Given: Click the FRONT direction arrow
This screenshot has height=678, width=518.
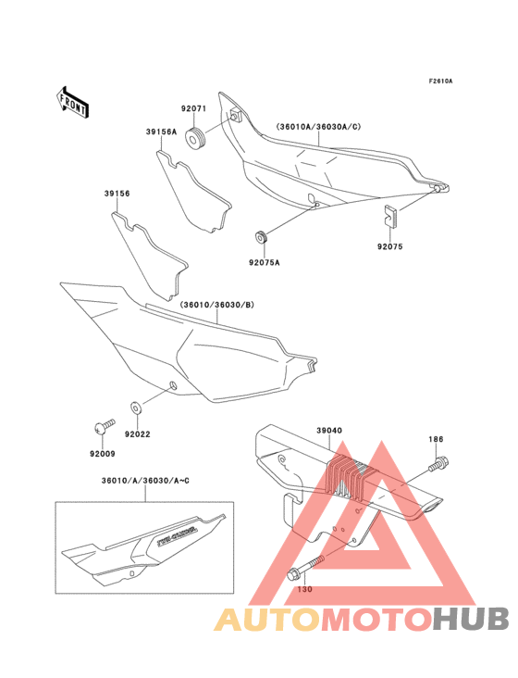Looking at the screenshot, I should coord(73,101).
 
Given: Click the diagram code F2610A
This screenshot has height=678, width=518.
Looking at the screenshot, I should coord(440,82).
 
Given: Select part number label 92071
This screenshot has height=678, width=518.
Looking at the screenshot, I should coord(193,109).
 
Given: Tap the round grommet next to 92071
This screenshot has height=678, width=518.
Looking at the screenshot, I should coord(195,141).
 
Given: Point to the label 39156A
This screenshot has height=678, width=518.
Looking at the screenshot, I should coord(160,132).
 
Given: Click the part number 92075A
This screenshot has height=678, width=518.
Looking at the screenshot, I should coord(264,262).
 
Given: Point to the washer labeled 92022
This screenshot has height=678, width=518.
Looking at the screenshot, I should coord(136,406).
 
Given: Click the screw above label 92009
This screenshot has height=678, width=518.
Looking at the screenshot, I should coord(104,425).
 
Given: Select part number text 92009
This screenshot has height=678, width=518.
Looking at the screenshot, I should coord(103,455).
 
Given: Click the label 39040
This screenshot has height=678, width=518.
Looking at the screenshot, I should coord(330,431).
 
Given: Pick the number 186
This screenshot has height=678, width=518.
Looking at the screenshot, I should coord(435,438).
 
